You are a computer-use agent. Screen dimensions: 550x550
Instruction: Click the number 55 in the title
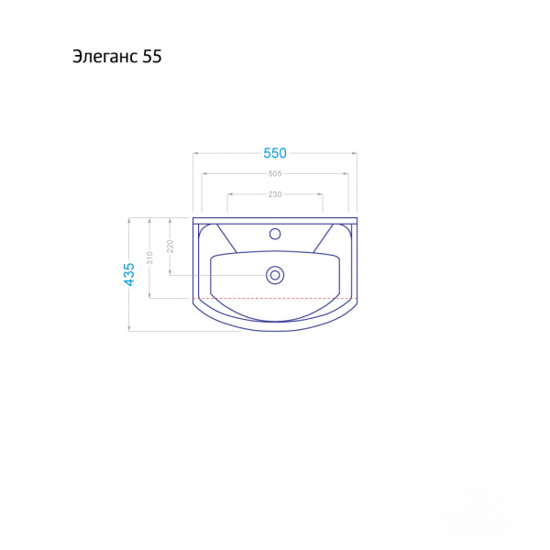(x=152, y=56)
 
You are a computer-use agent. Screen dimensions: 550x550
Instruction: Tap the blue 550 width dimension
(x=275, y=153)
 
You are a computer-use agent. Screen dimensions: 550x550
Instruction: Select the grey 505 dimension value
(x=275, y=173)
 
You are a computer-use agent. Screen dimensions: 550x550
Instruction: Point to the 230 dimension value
(x=275, y=194)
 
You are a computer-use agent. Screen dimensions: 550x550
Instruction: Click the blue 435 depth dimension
(x=129, y=274)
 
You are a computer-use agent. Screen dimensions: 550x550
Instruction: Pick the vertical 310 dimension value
(x=149, y=258)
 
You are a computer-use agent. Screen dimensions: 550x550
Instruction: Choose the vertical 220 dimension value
(x=170, y=247)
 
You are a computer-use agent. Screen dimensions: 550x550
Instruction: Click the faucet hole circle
(x=275, y=234)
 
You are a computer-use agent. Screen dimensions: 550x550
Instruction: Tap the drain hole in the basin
(x=275, y=275)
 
